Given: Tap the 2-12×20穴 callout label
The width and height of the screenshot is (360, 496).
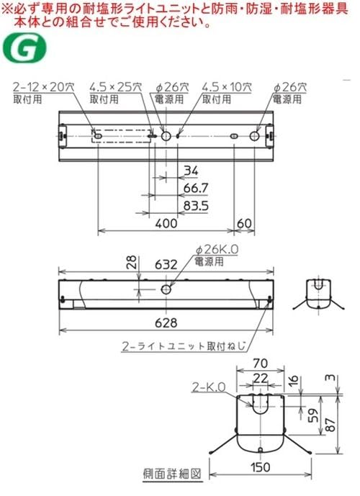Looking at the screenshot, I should tap(42, 87).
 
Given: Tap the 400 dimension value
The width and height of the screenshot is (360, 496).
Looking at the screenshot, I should tap(166, 224).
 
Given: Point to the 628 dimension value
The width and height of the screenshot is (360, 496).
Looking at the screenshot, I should tap(166, 321).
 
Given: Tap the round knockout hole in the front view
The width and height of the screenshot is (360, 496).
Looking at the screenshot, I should tap(166, 289).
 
